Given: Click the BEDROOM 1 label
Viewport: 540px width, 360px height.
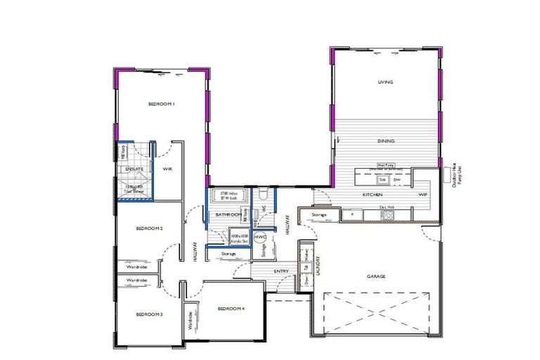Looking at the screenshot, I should tap(161, 104).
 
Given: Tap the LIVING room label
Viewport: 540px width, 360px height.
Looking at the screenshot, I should tap(385, 82).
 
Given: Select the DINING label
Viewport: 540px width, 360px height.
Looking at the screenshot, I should tap(385, 141).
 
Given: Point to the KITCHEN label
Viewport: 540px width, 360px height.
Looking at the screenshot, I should tap(372, 193).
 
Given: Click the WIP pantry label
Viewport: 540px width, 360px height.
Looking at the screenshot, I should tap(423, 193).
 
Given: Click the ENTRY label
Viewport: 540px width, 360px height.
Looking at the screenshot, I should tap(281, 271).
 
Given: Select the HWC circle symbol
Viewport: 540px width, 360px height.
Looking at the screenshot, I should tap(259, 238).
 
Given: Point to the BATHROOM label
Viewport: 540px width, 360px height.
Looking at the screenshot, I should tap(228, 214).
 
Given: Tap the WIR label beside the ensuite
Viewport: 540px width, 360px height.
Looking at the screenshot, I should tap(167, 169).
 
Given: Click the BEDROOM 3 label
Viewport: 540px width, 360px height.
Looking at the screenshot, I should tap(149, 314).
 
